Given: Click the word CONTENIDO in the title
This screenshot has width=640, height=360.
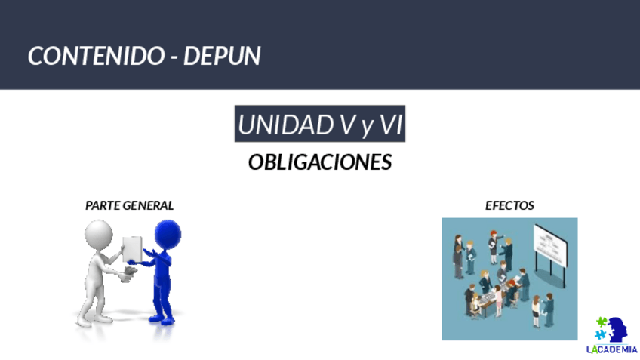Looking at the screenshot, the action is click(97, 56).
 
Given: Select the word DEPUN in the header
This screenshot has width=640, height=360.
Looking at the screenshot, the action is click(222, 56).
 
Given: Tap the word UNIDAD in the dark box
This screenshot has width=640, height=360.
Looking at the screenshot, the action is click(285, 125).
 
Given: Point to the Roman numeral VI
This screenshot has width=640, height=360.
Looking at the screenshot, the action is click(391, 125).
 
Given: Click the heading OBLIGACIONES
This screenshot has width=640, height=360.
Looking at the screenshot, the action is click(320, 162).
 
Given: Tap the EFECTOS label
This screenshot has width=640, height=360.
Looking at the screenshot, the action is click(509, 205).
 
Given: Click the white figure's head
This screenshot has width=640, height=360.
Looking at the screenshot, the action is click(98, 235).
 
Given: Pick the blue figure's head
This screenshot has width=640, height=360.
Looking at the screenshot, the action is click(168, 234).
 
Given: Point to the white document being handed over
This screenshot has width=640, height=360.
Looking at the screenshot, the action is click(133, 248).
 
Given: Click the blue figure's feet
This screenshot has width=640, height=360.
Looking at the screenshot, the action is click(162, 319).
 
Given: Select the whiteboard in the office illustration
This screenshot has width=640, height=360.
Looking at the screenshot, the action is click(551, 245).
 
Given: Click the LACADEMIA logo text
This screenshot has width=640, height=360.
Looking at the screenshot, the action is click(611, 349).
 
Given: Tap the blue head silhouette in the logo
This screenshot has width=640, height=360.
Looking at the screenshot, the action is click(617, 329).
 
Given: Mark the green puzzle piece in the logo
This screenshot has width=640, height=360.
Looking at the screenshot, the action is click(602, 322).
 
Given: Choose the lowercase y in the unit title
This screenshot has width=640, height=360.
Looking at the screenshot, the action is click(367, 128).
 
